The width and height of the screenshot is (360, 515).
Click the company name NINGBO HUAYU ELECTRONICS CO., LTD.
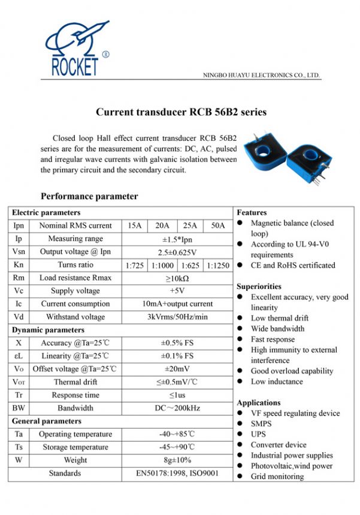click(x=262, y=76)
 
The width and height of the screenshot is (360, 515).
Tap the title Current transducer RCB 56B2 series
click(x=181, y=112)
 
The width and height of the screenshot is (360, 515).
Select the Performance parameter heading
click(x=89, y=196)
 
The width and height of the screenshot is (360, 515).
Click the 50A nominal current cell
click(x=218, y=226)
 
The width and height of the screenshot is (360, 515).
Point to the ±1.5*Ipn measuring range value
click(x=177, y=239)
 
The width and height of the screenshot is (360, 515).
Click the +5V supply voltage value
click(x=177, y=291)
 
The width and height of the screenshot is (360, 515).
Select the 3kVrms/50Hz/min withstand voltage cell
click(x=177, y=317)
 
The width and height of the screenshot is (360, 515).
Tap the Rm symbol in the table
click(x=19, y=278)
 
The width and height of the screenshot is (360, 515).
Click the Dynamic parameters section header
click(x=48, y=330)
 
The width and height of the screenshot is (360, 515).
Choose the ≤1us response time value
click(x=177, y=395)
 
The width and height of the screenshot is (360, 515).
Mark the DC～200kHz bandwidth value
click(x=177, y=408)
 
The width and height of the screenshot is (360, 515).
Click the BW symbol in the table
click(x=19, y=408)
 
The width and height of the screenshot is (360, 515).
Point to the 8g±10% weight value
click(x=177, y=460)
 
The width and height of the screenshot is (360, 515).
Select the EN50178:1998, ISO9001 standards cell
click(x=177, y=474)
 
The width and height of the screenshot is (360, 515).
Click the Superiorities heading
click(x=259, y=287)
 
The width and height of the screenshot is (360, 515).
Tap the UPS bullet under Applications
click(x=258, y=434)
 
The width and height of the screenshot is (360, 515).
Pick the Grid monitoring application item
click(x=277, y=477)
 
